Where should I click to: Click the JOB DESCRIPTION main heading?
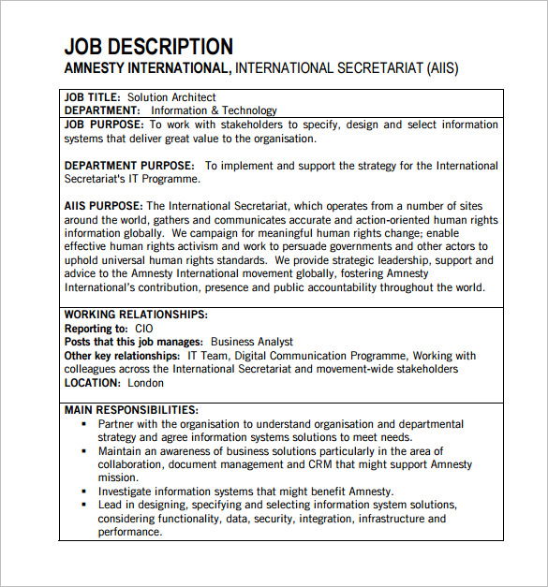[x=148, y=46]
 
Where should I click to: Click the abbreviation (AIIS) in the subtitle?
[x=443, y=68]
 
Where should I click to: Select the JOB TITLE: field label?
[x=93, y=97]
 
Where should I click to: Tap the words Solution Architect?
[x=171, y=97]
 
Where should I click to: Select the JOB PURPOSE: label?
[x=104, y=125]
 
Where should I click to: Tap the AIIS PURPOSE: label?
[x=103, y=206]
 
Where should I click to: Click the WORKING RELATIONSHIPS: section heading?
[x=136, y=316]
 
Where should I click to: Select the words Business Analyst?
[x=251, y=342]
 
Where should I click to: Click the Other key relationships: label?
[x=122, y=356]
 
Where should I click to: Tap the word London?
[x=145, y=382]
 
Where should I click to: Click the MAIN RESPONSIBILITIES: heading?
[x=131, y=410]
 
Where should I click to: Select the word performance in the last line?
[x=128, y=532]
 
